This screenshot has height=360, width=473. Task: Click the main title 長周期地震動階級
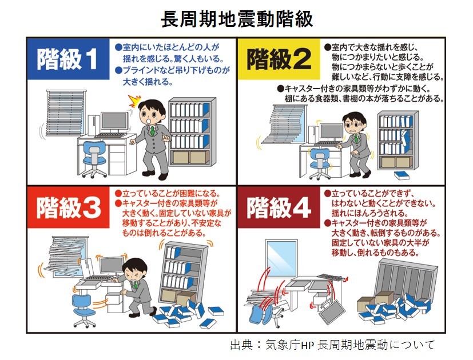(236, 19)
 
